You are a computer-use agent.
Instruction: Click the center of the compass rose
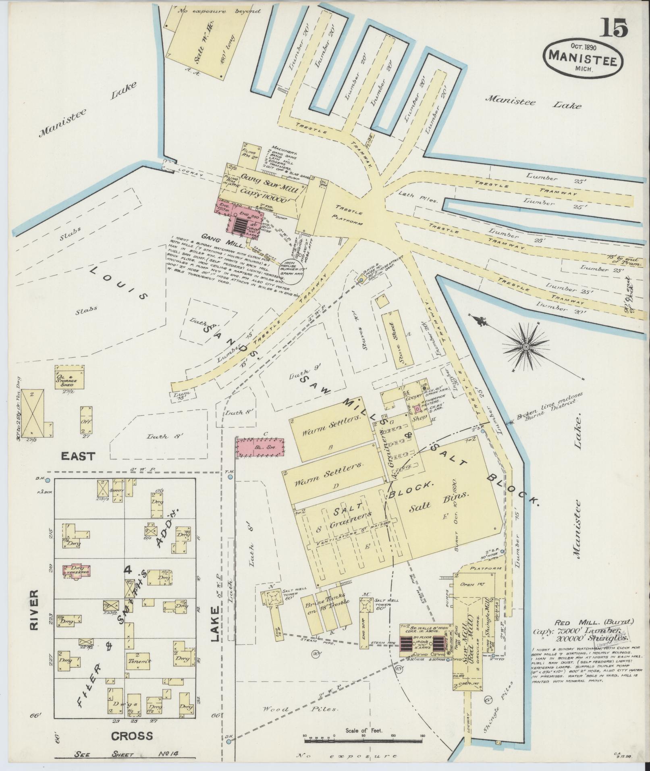coord(526,347)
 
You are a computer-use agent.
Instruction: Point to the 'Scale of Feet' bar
coord(364,740)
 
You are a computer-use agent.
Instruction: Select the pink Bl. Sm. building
coord(260,447)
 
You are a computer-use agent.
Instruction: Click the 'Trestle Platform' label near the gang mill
coord(349,214)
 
